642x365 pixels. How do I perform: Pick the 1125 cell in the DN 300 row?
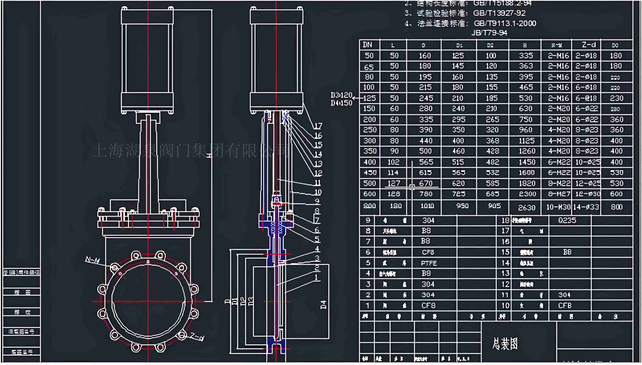click(527, 141)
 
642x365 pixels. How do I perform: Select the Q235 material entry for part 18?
click(567, 220)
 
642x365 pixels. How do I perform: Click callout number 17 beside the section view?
click(318, 126)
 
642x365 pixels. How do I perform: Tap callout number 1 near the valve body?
click(316, 277)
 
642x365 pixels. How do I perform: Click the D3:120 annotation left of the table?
click(341, 95)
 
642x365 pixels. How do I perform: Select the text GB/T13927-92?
click(499, 13)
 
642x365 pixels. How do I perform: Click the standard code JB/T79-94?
click(489, 33)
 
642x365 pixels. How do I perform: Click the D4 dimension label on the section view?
click(324, 304)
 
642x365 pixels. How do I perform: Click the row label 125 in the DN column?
click(369, 98)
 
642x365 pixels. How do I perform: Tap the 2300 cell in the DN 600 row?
click(527, 194)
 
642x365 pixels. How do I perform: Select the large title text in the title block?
click(505, 344)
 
